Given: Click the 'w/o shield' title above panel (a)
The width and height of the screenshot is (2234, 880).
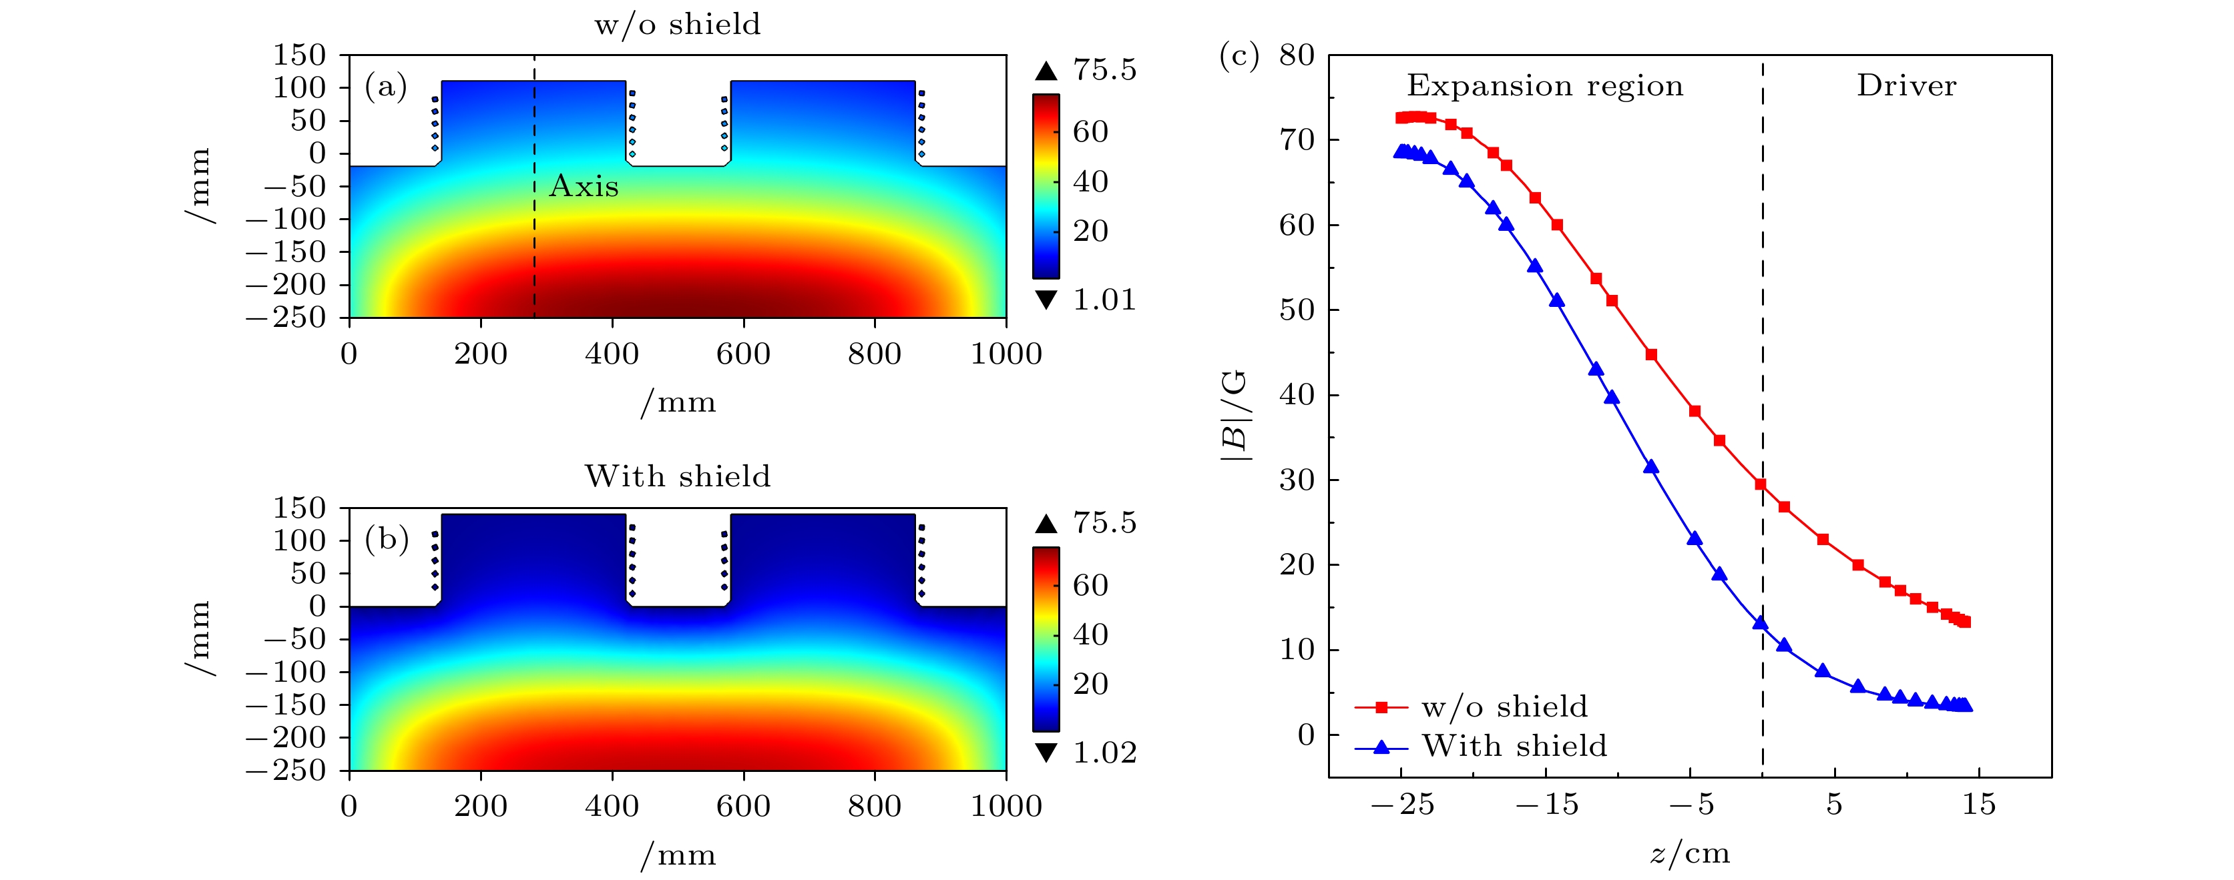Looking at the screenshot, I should (677, 24).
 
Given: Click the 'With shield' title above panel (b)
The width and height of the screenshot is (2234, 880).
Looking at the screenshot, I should (677, 477).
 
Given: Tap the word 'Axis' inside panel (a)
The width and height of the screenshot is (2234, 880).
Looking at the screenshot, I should (584, 186).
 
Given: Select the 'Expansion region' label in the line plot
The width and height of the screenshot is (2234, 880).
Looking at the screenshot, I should (1544, 86).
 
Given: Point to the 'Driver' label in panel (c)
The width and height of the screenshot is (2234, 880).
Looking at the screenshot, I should (1906, 86).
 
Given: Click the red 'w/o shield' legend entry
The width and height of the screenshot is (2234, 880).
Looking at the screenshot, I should (1504, 707).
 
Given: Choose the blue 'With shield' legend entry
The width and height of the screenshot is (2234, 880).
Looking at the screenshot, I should (1514, 746).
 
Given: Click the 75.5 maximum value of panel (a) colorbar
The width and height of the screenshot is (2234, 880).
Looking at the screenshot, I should (1104, 70).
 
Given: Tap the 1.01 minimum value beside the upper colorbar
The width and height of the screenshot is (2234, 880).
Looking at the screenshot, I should (1104, 300).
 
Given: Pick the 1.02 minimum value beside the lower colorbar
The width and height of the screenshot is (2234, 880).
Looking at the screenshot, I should (1104, 753).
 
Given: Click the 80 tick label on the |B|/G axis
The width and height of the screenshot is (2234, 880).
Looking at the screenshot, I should (1297, 55).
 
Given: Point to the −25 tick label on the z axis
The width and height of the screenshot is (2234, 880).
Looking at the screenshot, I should (1401, 805).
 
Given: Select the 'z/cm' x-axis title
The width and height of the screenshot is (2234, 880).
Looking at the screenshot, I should (1689, 854).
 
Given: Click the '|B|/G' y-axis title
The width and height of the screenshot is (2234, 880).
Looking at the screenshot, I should (1235, 414).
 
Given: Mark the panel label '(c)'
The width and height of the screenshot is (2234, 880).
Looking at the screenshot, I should (1239, 55).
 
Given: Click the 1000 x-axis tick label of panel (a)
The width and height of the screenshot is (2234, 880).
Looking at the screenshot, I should (1006, 354).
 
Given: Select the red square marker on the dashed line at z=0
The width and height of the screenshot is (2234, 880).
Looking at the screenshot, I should (1761, 484).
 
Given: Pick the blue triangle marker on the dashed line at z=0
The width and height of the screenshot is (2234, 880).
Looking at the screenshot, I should (1761, 622).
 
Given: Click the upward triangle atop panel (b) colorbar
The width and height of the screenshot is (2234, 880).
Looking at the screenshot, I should (1047, 524).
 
